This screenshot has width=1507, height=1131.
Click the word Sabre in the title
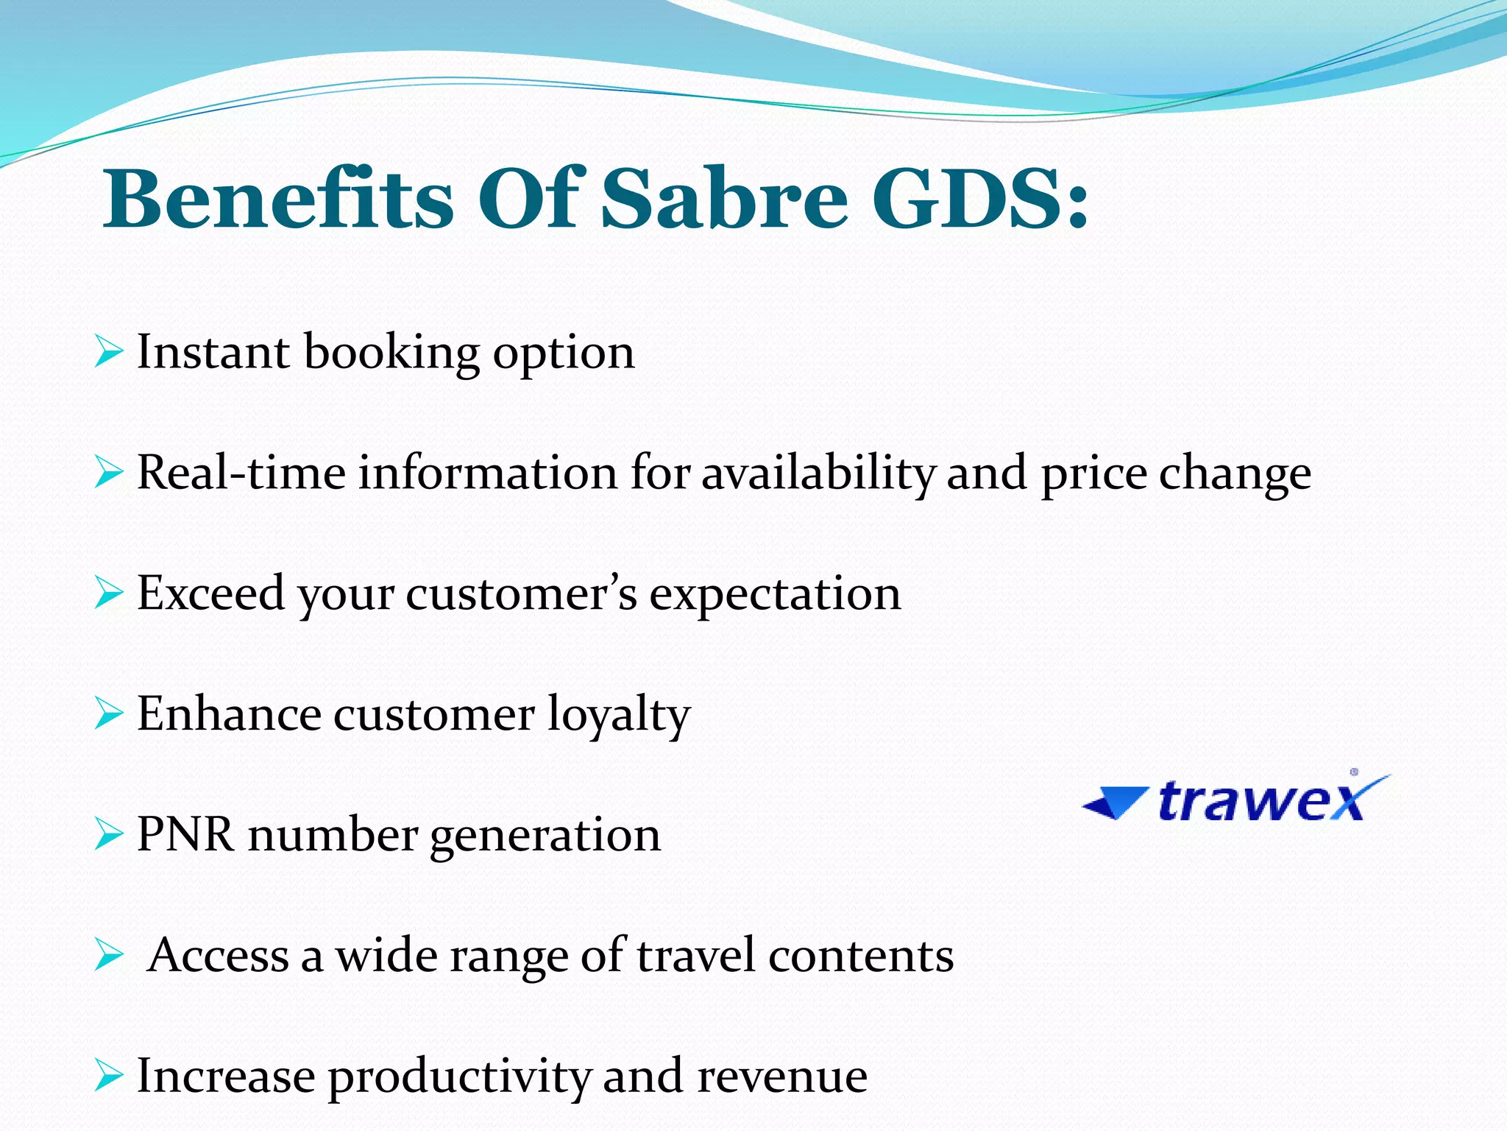(x=725, y=199)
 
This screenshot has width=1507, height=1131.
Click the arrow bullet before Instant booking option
(x=108, y=351)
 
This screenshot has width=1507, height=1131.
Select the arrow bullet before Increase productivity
(x=108, y=1076)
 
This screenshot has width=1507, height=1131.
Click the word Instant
(x=213, y=351)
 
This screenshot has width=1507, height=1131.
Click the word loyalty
(x=618, y=714)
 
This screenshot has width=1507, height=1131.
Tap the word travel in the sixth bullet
(x=696, y=955)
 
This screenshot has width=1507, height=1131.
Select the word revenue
(x=782, y=1077)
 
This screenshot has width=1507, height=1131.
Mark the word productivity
(x=459, y=1077)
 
